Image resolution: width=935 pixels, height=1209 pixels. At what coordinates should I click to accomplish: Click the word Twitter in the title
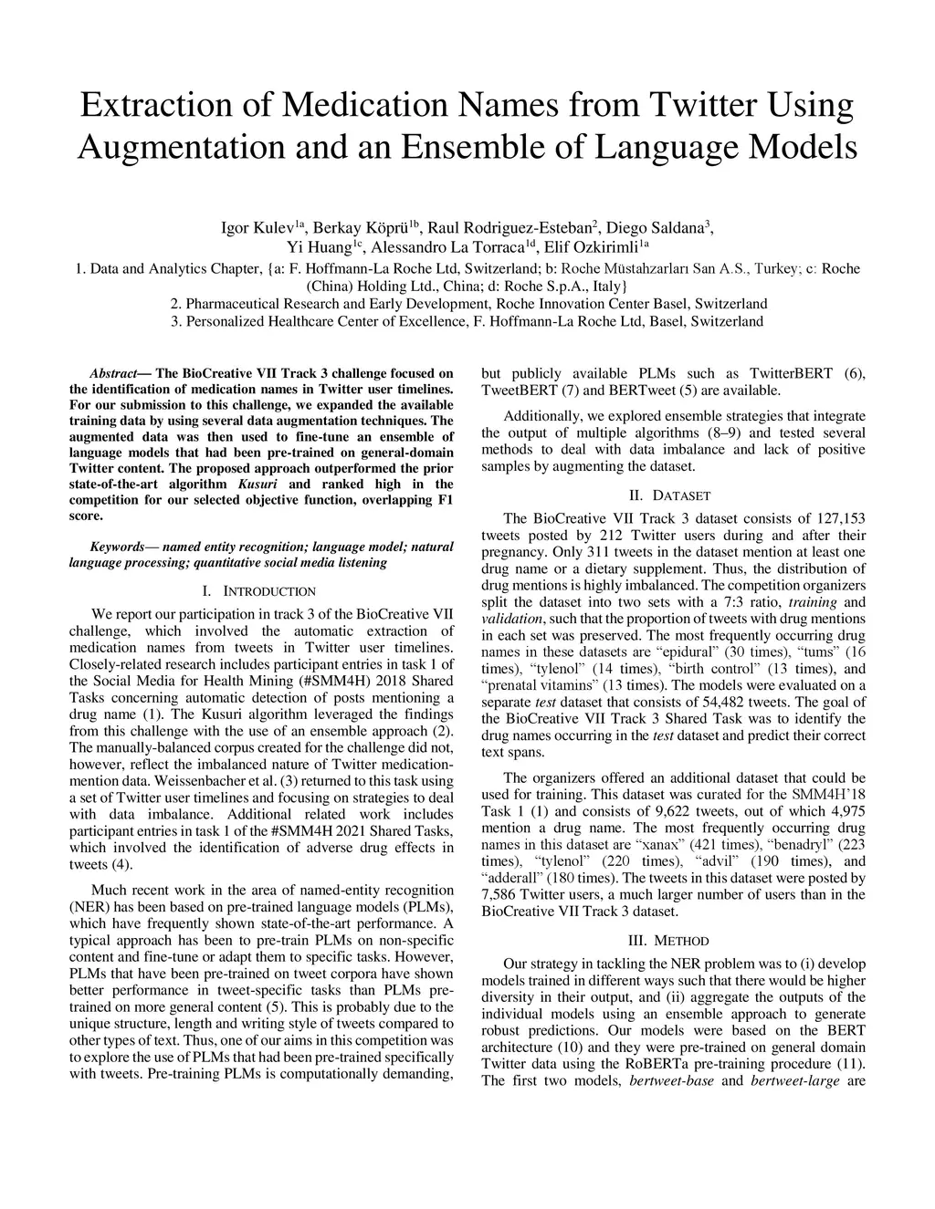tap(702, 106)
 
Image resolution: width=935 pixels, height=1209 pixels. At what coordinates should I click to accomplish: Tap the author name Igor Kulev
tap(260, 228)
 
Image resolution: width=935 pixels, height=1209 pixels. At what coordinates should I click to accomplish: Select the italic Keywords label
tap(118, 547)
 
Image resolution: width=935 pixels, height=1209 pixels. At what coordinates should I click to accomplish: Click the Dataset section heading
tap(674, 495)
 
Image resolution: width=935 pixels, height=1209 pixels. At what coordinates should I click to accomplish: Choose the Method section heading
tap(674, 941)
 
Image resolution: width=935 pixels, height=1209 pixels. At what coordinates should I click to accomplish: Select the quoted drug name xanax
tap(662, 845)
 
